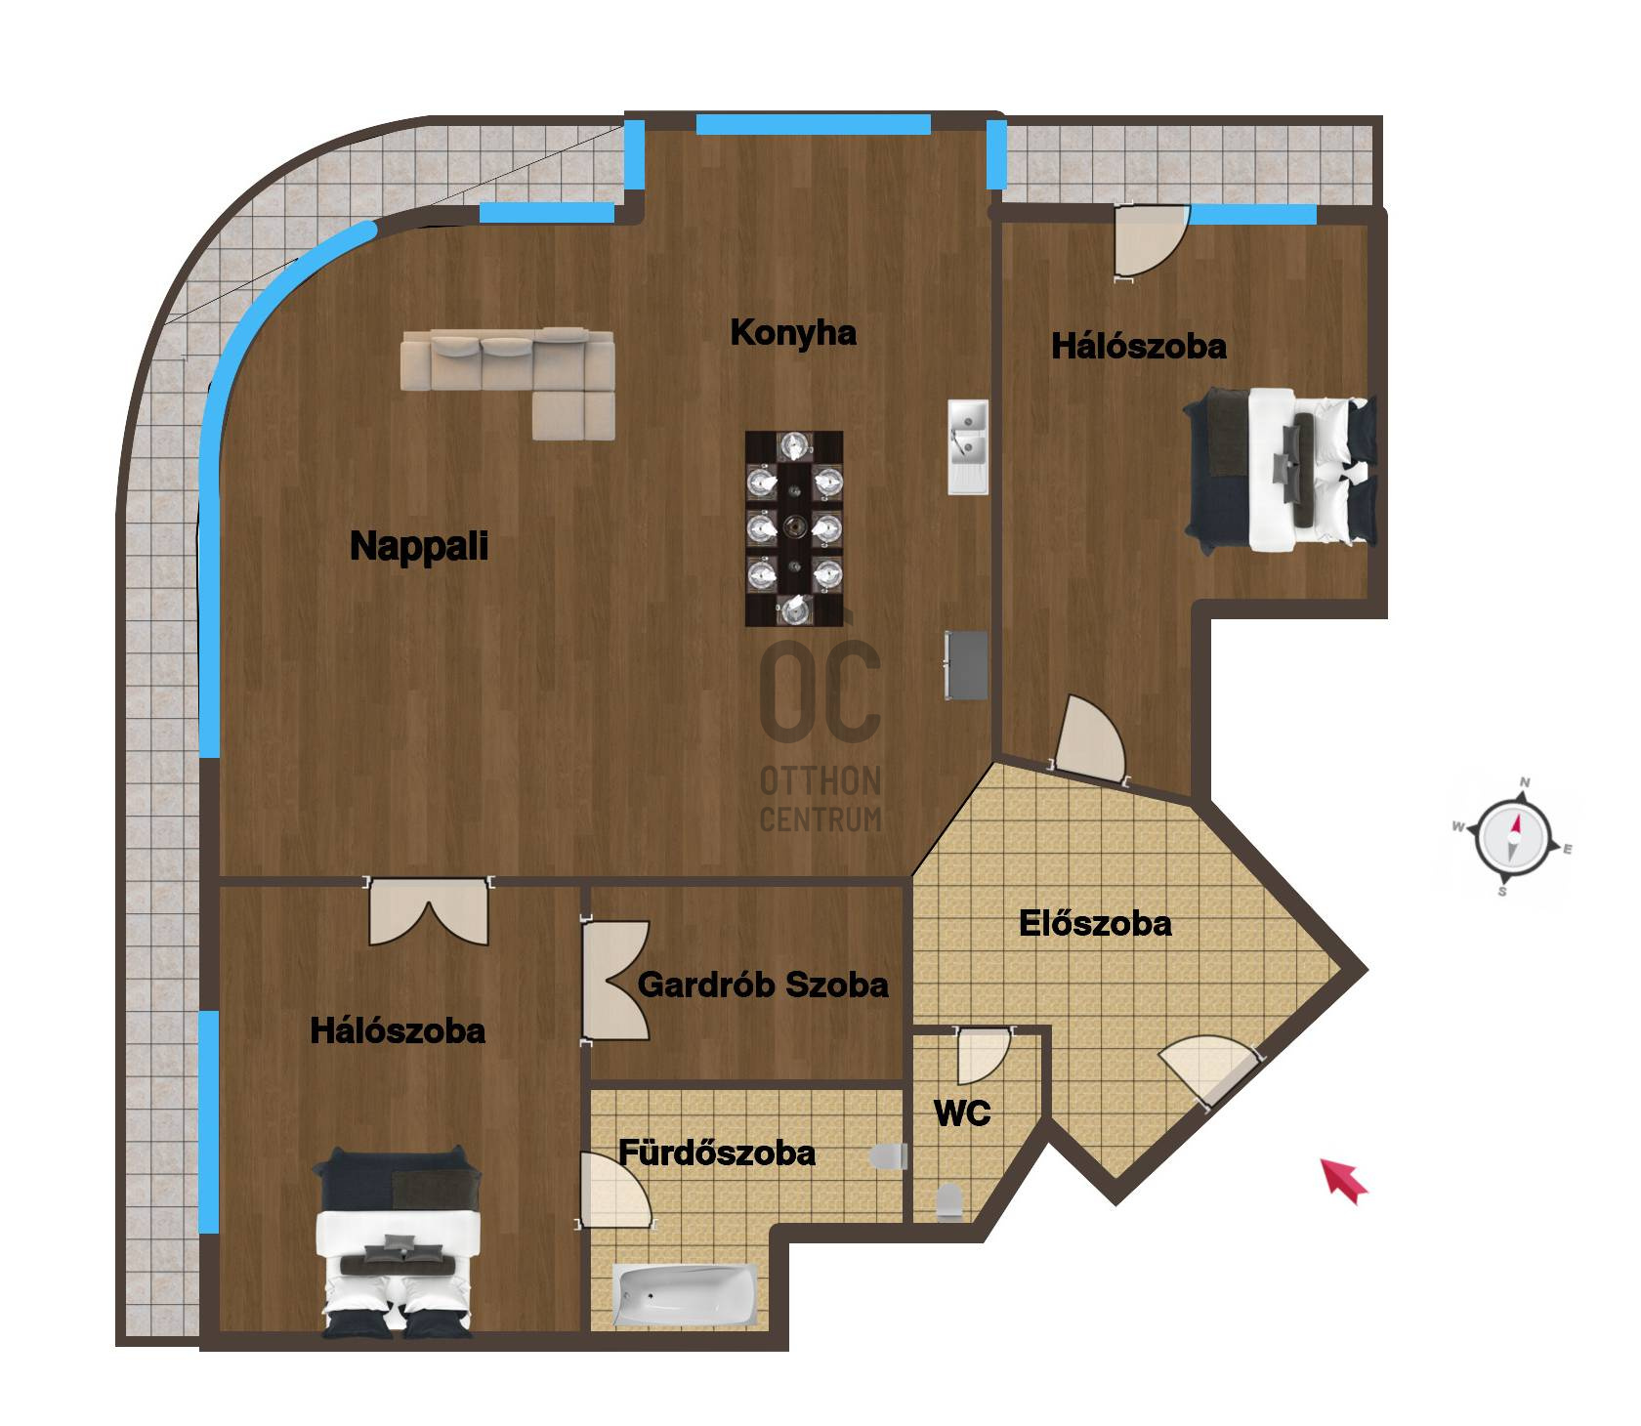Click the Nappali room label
pyautogui.click(x=419, y=546)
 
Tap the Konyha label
pyautogui.click(x=793, y=333)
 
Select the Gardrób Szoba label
pyautogui.click(x=763, y=985)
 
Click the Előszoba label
pyautogui.click(x=1095, y=923)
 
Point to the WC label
pyautogui.click(x=962, y=1112)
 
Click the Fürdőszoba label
pyautogui.click(x=717, y=1153)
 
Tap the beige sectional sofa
pyautogui.click(x=508, y=383)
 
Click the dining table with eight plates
pyautogui.click(x=794, y=528)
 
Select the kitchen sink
pyautogui.click(x=968, y=446)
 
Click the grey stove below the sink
pyautogui.click(x=966, y=665)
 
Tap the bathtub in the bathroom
pyautogui.click(x=686, y=1295)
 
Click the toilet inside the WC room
pyautogui.click(x=948, y=1203)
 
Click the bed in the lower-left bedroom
pyautogui.click(x=398, y=1241)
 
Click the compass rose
pyautogui.click(x=1513, y=837)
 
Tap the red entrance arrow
pyautogui.click(x=1345, y=1180)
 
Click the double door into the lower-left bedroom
pyautogui.click(x=428, y=911)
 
